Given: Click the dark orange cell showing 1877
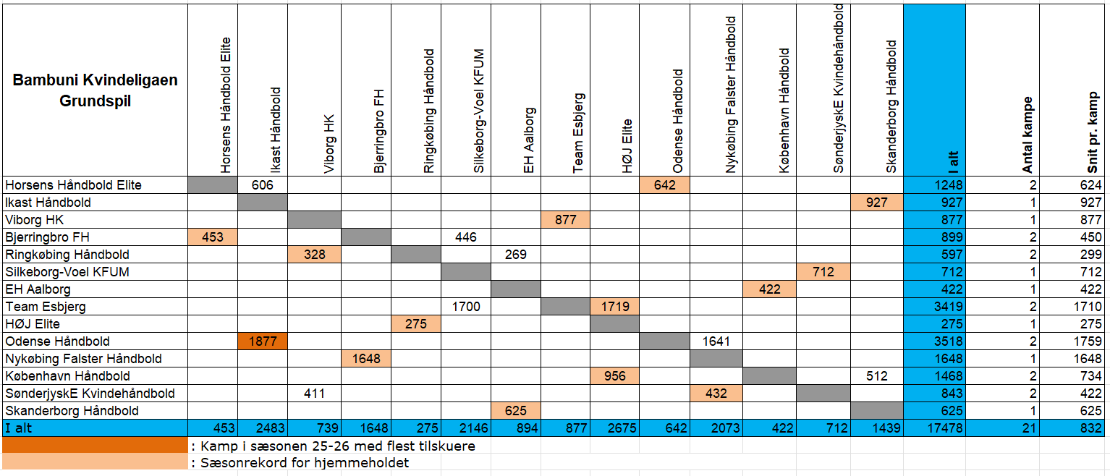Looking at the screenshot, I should [x=263, y=341].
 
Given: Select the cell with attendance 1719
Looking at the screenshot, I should [x=614, y=307].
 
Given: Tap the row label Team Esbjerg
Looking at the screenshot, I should [x=46, y=307].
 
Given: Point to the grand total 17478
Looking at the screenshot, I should [x=944, y=428].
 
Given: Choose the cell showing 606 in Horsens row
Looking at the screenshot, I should [x=263, y=185].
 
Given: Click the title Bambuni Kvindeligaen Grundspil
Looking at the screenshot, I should [x=95, y=90].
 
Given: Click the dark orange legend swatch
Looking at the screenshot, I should [x=95, y=445].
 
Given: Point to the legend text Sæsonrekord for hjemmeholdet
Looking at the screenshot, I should [x=300, y=463].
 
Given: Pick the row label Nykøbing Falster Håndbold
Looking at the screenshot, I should [x=83, y=359].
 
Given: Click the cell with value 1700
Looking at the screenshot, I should [x=466, y=307].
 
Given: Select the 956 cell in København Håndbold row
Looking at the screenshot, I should [x=614, y=376].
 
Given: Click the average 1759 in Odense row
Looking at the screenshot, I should [x=1088, y=341].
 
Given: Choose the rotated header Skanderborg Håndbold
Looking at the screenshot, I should [x=891, y=106].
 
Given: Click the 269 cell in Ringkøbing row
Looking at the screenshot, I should [x=516, y=255].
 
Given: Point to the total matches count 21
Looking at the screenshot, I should [x=1026, y=428].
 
